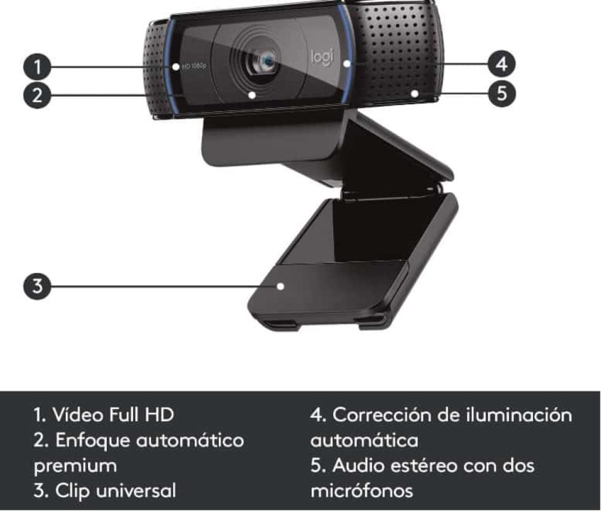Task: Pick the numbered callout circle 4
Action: pyautogui.click(x=501, y=63)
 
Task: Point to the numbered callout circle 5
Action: pyautogui.click(x=501, y=93)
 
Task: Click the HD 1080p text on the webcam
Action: pyautogui.click(x=194, y=66)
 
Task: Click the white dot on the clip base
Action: pyautogui.click(x=281, y=286)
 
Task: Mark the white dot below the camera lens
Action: pyautogui.click(x=252, y=94)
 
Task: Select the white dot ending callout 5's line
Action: pyautogui.click(x=415, y=93)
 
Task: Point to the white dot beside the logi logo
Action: pyautogui.click(x=347, y=63)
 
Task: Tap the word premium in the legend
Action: pyautogui.click(x=75, y=466)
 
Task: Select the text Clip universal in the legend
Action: pyautogui.click(x=115, y=490)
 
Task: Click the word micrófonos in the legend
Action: pyautogui.click(x=362, y=490)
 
